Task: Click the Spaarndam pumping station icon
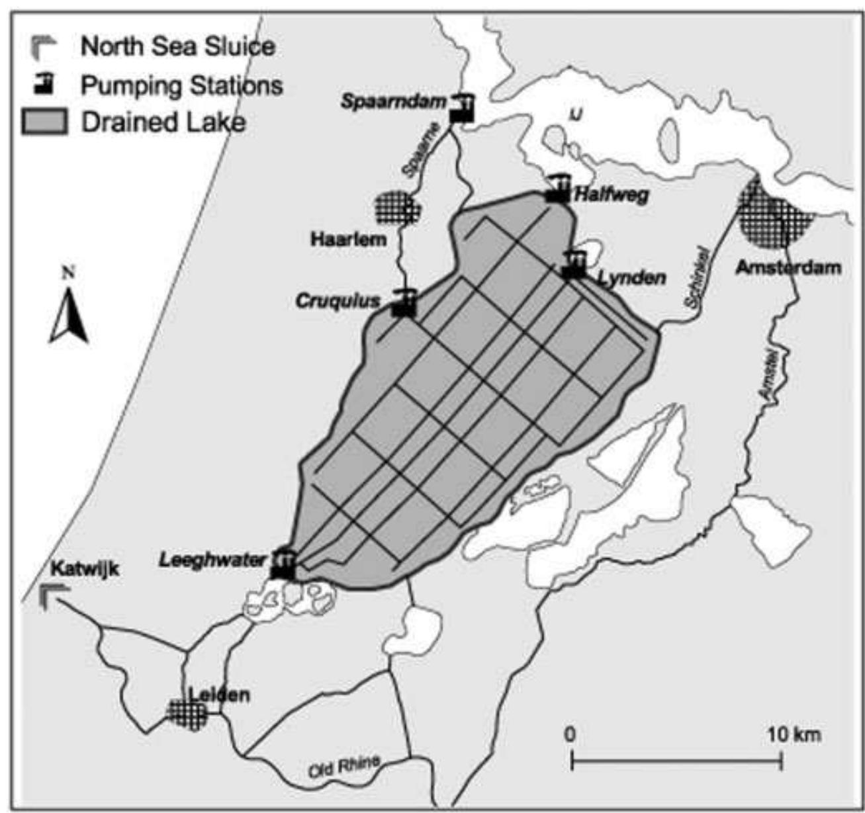(x=462, y=108)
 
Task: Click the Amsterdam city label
(x=788, y=268)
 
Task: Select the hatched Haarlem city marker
(x=396, y=208)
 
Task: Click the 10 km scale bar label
(x=794, y=734)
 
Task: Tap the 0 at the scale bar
(x=570, y=734)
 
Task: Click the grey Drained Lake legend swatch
(x=44, y=122)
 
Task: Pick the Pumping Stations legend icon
(x=45, y=84)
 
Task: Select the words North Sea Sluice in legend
(x=177, y=46)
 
